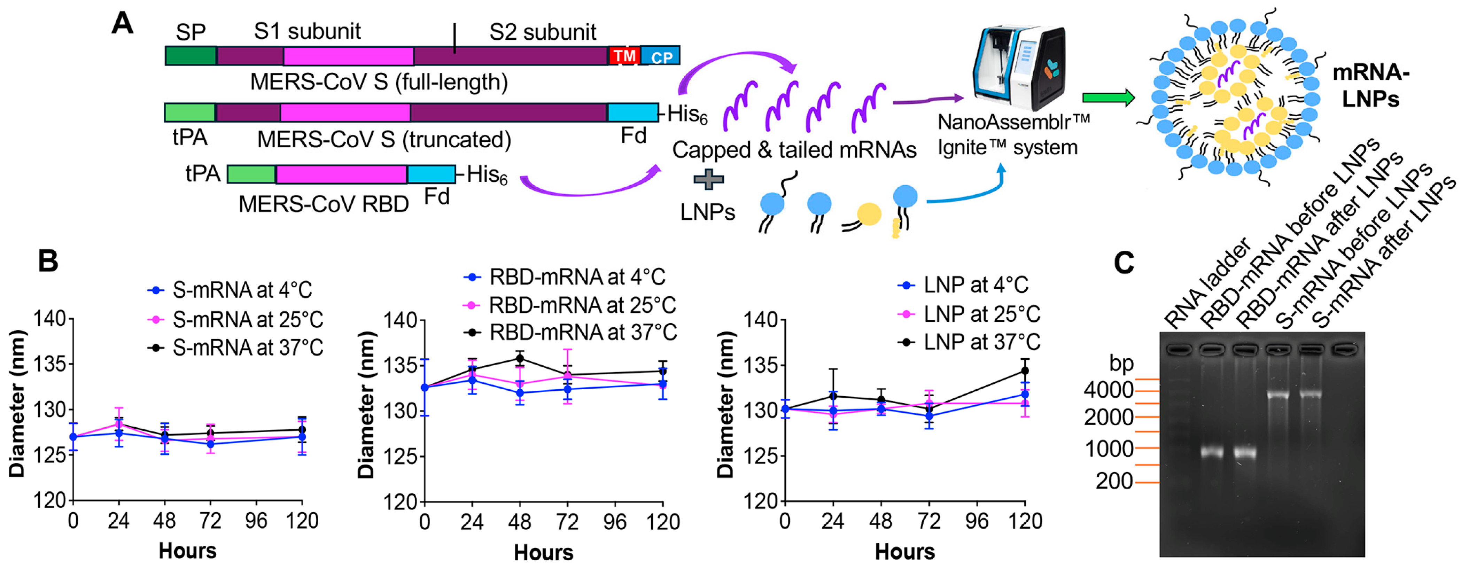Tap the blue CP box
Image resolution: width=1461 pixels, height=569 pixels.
coord(661,56)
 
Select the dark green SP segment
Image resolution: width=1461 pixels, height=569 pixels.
coord(191,56)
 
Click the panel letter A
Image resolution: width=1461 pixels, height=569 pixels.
coord(123,24)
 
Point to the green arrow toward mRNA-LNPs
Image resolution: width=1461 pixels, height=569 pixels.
coord(1108,98)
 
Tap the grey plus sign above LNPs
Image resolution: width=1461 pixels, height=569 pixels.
coord(708,180)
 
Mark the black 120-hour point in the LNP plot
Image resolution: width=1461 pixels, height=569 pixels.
coord(1024,371)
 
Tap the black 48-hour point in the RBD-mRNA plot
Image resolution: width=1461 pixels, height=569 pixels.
coord(520,359)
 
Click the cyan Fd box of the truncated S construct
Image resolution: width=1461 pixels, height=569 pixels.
coord(632,112)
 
